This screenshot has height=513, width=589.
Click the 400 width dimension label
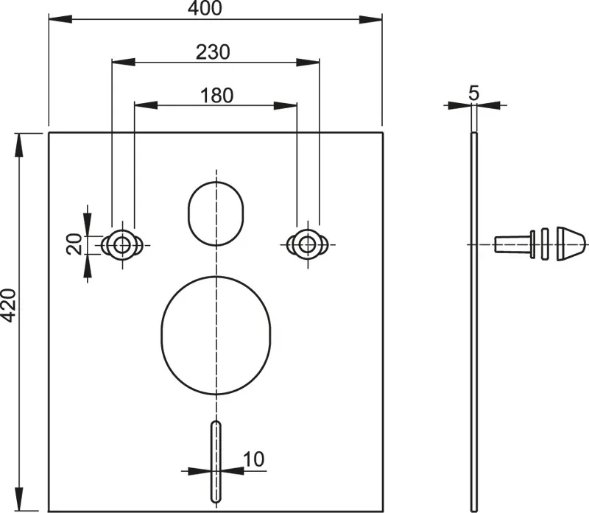pyautogui.click(x=205, y=8)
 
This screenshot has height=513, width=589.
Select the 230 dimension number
pyautogui.click(x=213, y=52)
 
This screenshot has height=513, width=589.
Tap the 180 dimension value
pyautogui.click(x=216, y=96)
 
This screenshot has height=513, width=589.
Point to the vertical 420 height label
pyautogui.click(x=8, y=305)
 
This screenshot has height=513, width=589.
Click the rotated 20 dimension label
pyautogui.click(x=74, y=244)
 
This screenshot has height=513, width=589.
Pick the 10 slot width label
pyautogui.click(x=253, y=459)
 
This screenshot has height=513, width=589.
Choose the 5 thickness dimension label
pyautogui.click(x=474, y=93)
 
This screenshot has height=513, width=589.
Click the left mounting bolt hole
pyautogui.click(x=121, y=245)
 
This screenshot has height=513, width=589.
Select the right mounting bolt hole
pyautogui.click(x=308, y=245)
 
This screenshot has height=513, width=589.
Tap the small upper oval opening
pyautogui.click(x=216, y=213)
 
